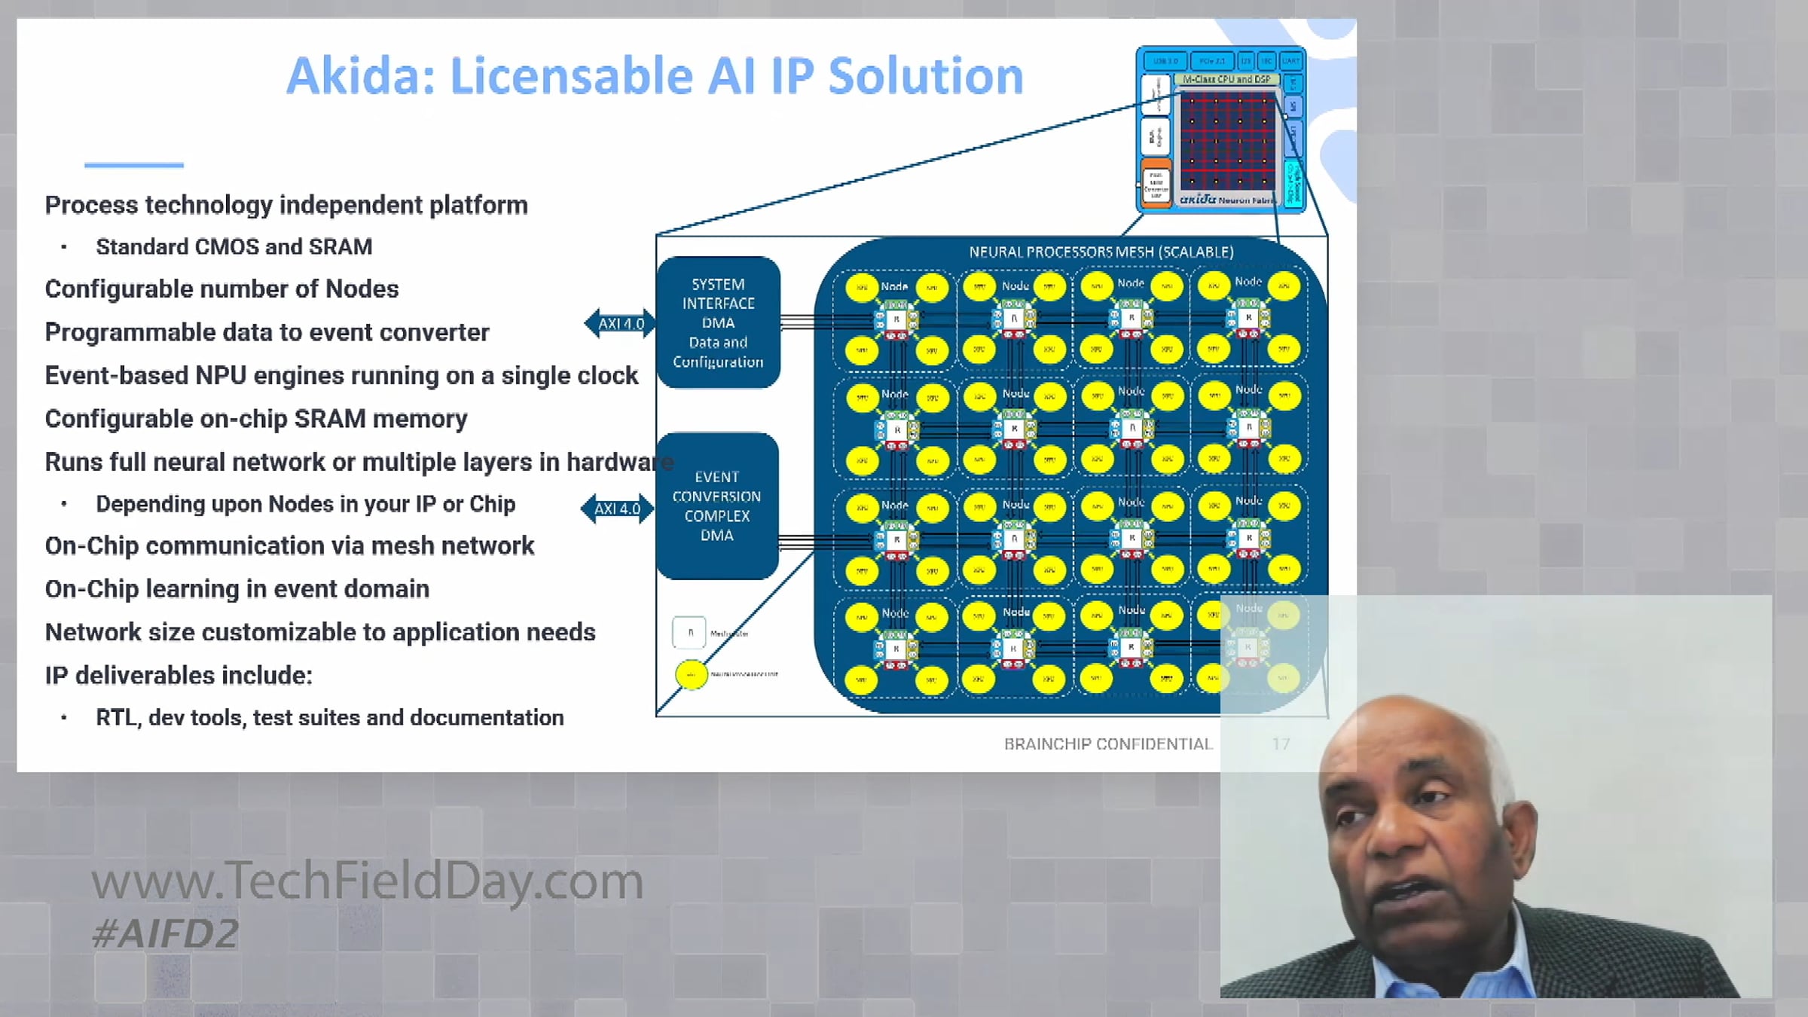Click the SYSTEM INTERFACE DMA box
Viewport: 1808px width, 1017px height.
click(x=718, y=322)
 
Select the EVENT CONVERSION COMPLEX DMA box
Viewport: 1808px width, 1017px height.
click(x=716, y=505)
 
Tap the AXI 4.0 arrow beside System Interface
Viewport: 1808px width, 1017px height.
click(x=620, y=324)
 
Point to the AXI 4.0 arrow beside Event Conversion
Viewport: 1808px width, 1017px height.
click(x=617, y=509)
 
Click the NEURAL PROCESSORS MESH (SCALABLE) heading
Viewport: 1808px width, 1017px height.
click(x=1101, y=252)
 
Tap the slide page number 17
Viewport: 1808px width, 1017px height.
click(x=1281, y=744)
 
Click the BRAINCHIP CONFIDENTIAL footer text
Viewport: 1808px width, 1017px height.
click(x=1107, y=744)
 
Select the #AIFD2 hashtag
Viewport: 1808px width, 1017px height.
click(x=165, y=934)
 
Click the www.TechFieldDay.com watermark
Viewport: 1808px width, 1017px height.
click(x=367, y=881)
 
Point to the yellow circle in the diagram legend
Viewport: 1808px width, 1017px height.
click(x=691, y=674)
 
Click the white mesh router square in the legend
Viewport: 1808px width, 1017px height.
click(x=689, y=633)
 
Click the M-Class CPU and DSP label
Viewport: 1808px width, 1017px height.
click(x=1226, y=79)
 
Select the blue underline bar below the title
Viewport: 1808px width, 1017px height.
click(x=134, y=164)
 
